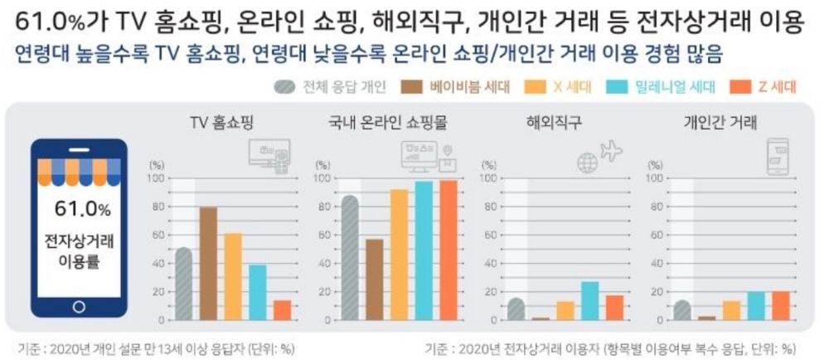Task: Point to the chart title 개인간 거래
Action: [719, 124]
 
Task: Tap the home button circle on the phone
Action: [80, 306]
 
